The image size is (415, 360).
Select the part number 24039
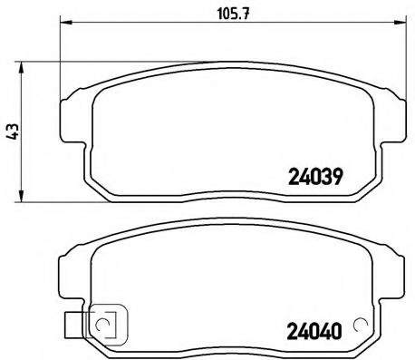click(x=314, y=178)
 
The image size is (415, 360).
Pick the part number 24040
click(x=314, y=331)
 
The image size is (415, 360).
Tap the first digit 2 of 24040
click(x=294, y=331)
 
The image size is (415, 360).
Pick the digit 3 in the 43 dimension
click(x=10, y=124)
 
